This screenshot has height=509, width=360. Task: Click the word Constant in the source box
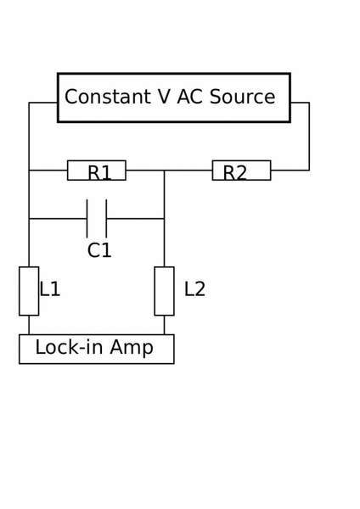pos(108,97)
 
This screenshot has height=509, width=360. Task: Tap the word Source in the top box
pos(242,97)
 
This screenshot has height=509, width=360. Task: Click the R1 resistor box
pos(97,171)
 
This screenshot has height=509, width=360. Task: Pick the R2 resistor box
pos(241,171)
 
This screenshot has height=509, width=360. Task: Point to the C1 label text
pos(99,250)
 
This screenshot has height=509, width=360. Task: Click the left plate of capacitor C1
pos(87,219)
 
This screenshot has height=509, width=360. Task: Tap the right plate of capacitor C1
pos(106,219)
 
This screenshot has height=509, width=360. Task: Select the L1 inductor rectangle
pos(29,291)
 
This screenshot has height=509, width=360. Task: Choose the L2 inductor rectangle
pos(164,291)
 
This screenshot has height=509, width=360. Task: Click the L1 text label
pos(50,289)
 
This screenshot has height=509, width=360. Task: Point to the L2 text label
pos(194,289)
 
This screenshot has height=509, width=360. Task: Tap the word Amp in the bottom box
pos(132,348)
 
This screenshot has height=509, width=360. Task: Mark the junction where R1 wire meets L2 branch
pos(164,171)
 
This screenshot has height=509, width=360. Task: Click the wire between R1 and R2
pos(169,171)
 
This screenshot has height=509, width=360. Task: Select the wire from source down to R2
pos(309,137)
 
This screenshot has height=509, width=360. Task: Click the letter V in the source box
pos(164,97)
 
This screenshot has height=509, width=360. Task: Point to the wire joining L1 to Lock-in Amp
pos(29,325)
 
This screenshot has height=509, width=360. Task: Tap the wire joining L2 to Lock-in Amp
pos(164,325)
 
